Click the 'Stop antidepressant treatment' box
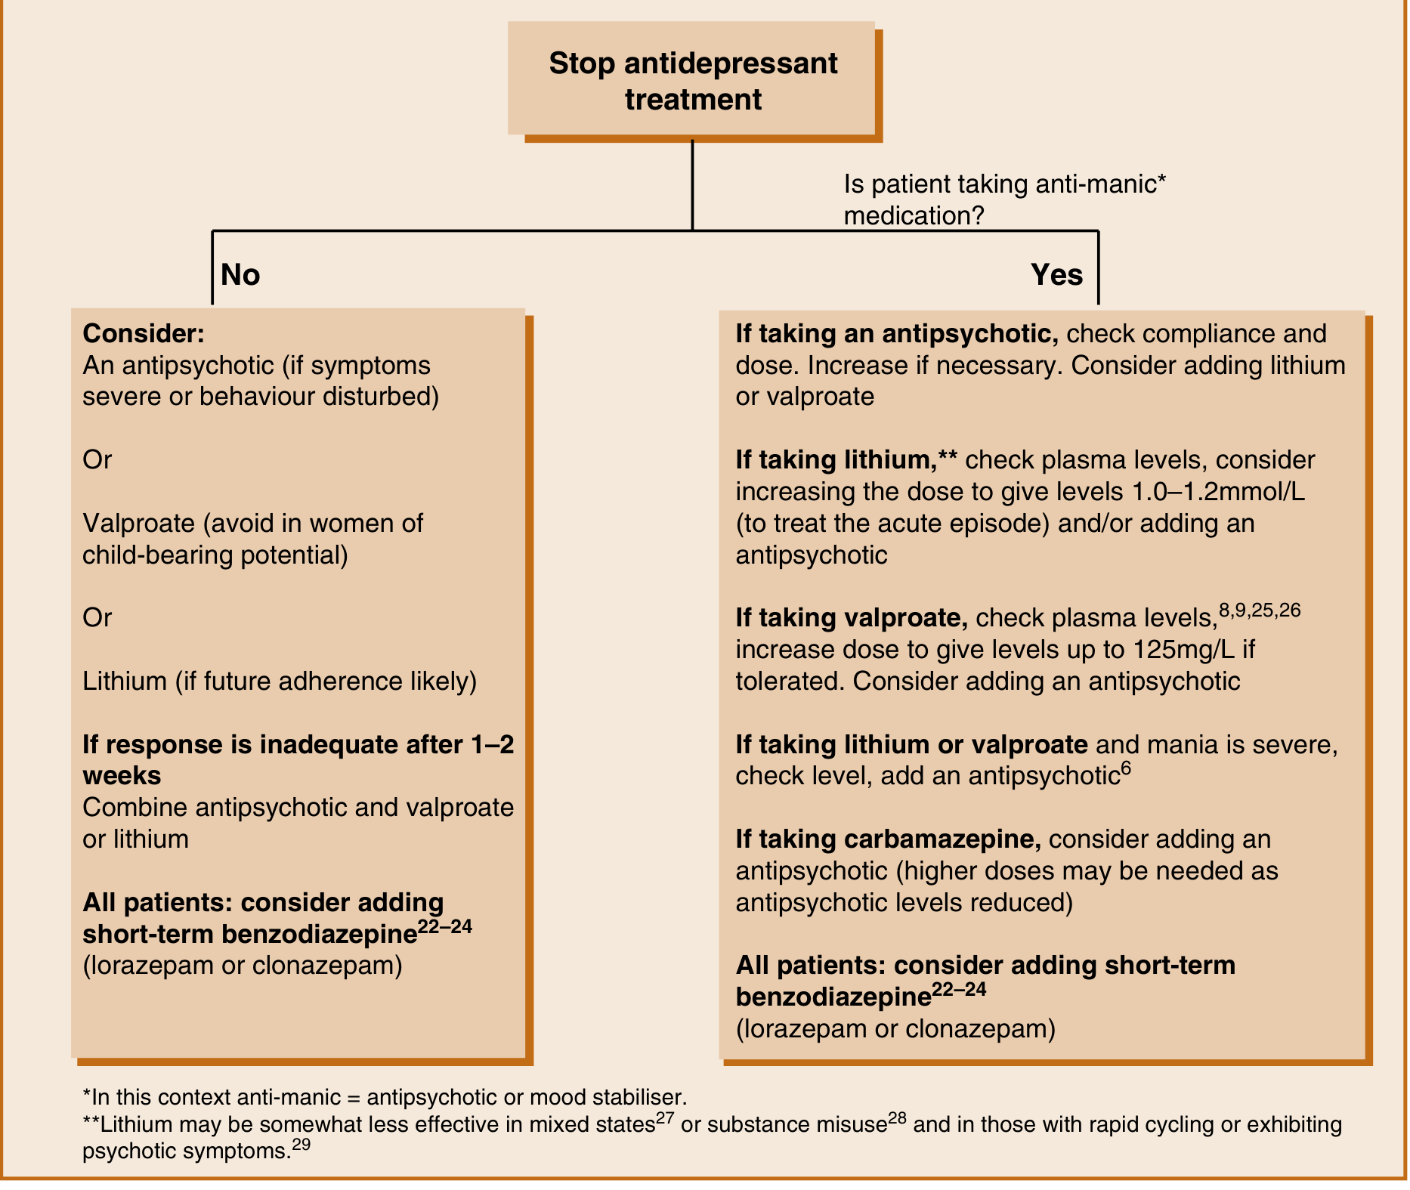692,80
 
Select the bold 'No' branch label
240,275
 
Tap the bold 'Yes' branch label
1056,275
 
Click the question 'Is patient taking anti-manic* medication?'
1004,200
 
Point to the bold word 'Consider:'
144,333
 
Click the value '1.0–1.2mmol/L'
1218,492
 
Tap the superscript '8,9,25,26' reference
1260,610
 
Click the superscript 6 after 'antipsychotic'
1125,769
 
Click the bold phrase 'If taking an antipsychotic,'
896,333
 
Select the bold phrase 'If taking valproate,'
852,618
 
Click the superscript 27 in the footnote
665,1117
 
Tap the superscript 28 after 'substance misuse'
897,1117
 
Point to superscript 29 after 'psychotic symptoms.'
301,1145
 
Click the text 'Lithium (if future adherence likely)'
280,682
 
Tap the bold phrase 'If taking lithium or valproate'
911,745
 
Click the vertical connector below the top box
692,185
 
